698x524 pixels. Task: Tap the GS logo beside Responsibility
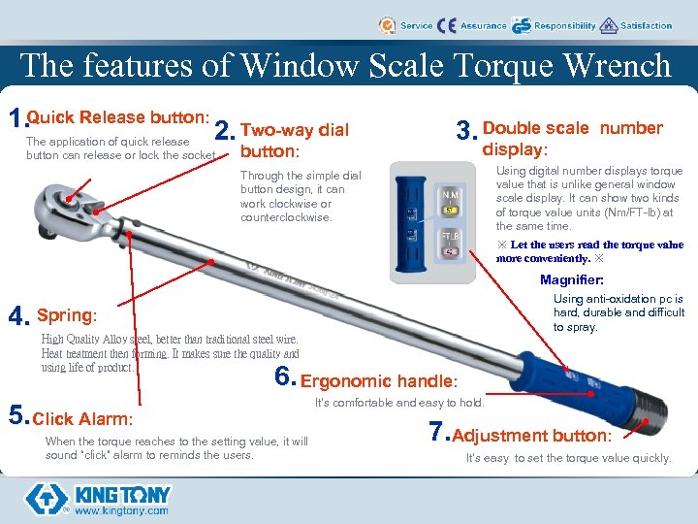point(522,25)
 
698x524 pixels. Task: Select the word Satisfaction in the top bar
point(646,26)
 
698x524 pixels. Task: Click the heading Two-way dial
point(294,130)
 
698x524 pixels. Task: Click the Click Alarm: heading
point(82,419)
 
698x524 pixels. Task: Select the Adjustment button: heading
point(531,436)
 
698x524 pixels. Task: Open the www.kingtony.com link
point(122,509)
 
